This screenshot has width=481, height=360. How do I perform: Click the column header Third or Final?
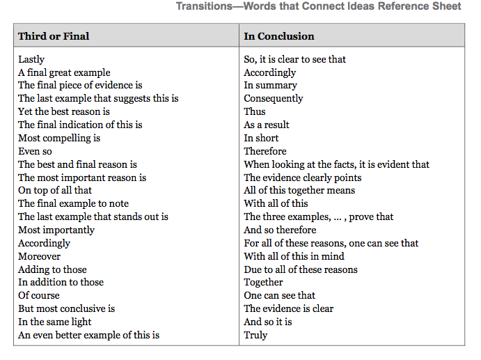(54, 36)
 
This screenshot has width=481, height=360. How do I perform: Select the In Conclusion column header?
(278, 36)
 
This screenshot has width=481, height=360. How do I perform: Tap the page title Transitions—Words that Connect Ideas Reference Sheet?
(318, 6)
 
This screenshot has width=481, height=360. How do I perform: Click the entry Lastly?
(31, 60)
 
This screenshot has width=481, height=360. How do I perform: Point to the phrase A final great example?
(64, 72)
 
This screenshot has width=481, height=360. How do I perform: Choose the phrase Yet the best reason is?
(64, 111)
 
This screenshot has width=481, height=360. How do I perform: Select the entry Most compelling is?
(59, 138)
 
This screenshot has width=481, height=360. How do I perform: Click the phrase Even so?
(35, 151)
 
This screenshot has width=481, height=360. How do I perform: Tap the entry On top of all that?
(55, 190)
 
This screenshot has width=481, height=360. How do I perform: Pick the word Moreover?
(39, 256)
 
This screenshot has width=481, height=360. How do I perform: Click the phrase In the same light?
(55, 322)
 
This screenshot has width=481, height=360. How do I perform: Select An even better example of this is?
(88, 335)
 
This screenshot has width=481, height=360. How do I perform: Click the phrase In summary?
(270, 86)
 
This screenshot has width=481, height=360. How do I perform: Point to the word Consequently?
(274, 98)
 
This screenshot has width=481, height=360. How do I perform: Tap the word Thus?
(255, 111)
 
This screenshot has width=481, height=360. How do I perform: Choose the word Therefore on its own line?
(265, 151)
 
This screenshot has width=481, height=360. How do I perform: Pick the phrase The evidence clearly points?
(303, 178)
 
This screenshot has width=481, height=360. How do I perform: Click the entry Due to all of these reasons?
(301, 269)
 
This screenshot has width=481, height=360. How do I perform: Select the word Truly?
(255, 335)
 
